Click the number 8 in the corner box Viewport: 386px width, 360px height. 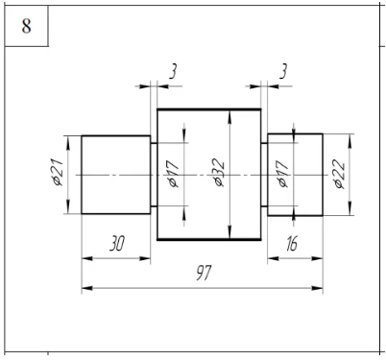(x=27, y=26)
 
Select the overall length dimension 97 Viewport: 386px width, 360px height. (x=204, y=273)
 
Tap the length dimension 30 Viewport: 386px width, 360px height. (x=117, y=243)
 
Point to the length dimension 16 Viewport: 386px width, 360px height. (x=292, y=244)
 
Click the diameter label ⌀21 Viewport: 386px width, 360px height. (x=59, y=172)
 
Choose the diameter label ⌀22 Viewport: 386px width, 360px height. (x=339, y=175)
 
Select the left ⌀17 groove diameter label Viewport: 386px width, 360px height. (x=173, y=174)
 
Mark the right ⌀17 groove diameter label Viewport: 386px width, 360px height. (x=283, y=174)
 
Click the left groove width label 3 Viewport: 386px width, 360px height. (x=173, y=71)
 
